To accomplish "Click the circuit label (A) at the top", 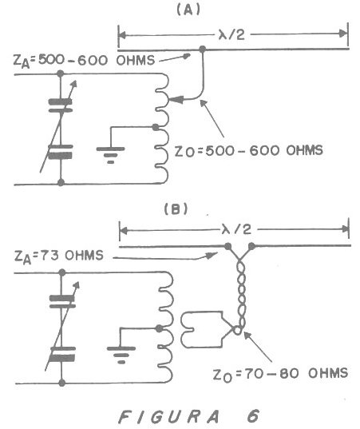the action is [x=188, y=10].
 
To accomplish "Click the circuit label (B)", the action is [x=176, y=209].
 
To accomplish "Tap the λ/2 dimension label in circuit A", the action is [x=231, y=35].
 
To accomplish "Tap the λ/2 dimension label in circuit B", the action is [x=237, y=229].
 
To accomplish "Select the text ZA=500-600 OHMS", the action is [x=84, y=61].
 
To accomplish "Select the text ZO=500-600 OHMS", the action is [x=249, y=151].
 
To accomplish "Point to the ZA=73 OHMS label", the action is [x=59, y=256].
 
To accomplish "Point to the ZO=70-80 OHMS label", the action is [x=280, y=374].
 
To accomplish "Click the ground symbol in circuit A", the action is [x=110, y=155].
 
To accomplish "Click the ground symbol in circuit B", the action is [x=121, y=355].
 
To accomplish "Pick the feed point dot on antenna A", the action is [x=202, y=50].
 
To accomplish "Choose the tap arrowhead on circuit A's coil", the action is [x=176, y=100].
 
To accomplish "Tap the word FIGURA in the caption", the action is [x=169, y=417].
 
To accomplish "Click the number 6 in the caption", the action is [x=253, y=416].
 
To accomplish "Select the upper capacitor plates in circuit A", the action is [x=61, y=106].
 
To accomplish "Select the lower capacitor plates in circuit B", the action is [x=62, y=354].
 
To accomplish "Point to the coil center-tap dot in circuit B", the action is [x=159, y=328].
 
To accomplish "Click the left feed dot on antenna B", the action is [x=227, y=246].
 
